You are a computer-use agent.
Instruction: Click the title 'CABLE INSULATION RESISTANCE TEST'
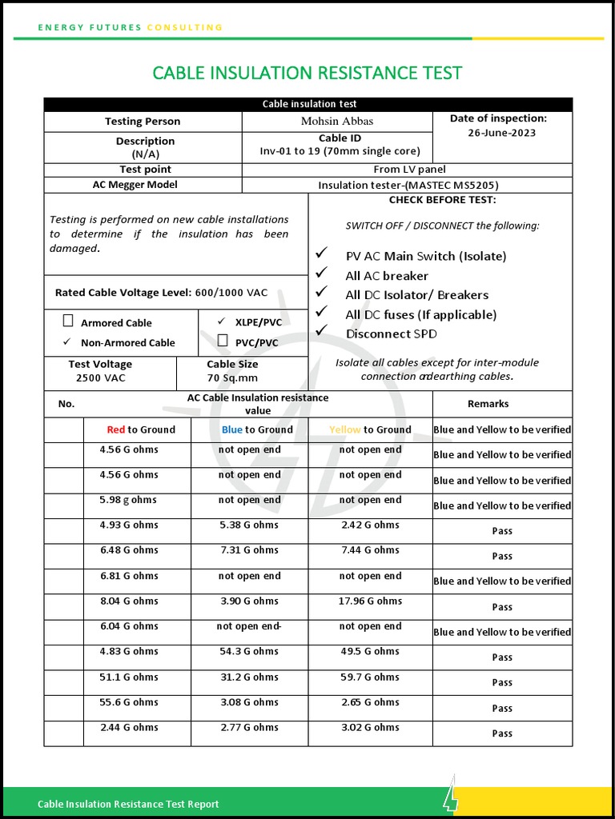click(x=307, y=73)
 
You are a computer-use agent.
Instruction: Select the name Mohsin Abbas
click(x=337, y=122)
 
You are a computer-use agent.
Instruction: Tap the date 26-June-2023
click(x=502, y=133)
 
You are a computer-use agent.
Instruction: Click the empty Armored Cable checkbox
click(x=68, y=322)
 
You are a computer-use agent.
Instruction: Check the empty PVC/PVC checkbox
click(x=223, y=342)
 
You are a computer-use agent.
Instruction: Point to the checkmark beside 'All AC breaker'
click(x=322, y=274)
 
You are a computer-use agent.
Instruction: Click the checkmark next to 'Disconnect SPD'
click(x=322, y=331)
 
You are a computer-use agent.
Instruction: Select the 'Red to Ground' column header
click(x=141, y=429)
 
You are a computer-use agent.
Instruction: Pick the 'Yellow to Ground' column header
click(x=370, y=429)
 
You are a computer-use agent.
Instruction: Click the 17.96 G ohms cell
click(x=370, y=601)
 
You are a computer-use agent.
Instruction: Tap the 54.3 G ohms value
click(x=250, y=651)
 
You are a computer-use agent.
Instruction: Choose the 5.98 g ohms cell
click(x=129, y=500)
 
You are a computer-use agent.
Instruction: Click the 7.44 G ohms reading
click(x=370, y=550)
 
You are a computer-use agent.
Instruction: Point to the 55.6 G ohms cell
click(x=129, y=701)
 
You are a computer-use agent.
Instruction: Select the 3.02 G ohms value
click(x=370, y=727)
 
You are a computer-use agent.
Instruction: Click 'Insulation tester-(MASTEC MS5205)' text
click(x=408, y=185)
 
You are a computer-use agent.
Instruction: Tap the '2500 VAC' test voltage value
click(x=101, y=378)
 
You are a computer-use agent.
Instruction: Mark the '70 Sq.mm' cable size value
click(x=232, y=378)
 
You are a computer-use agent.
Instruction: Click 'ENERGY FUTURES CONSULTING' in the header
click(x=131, y=27)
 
